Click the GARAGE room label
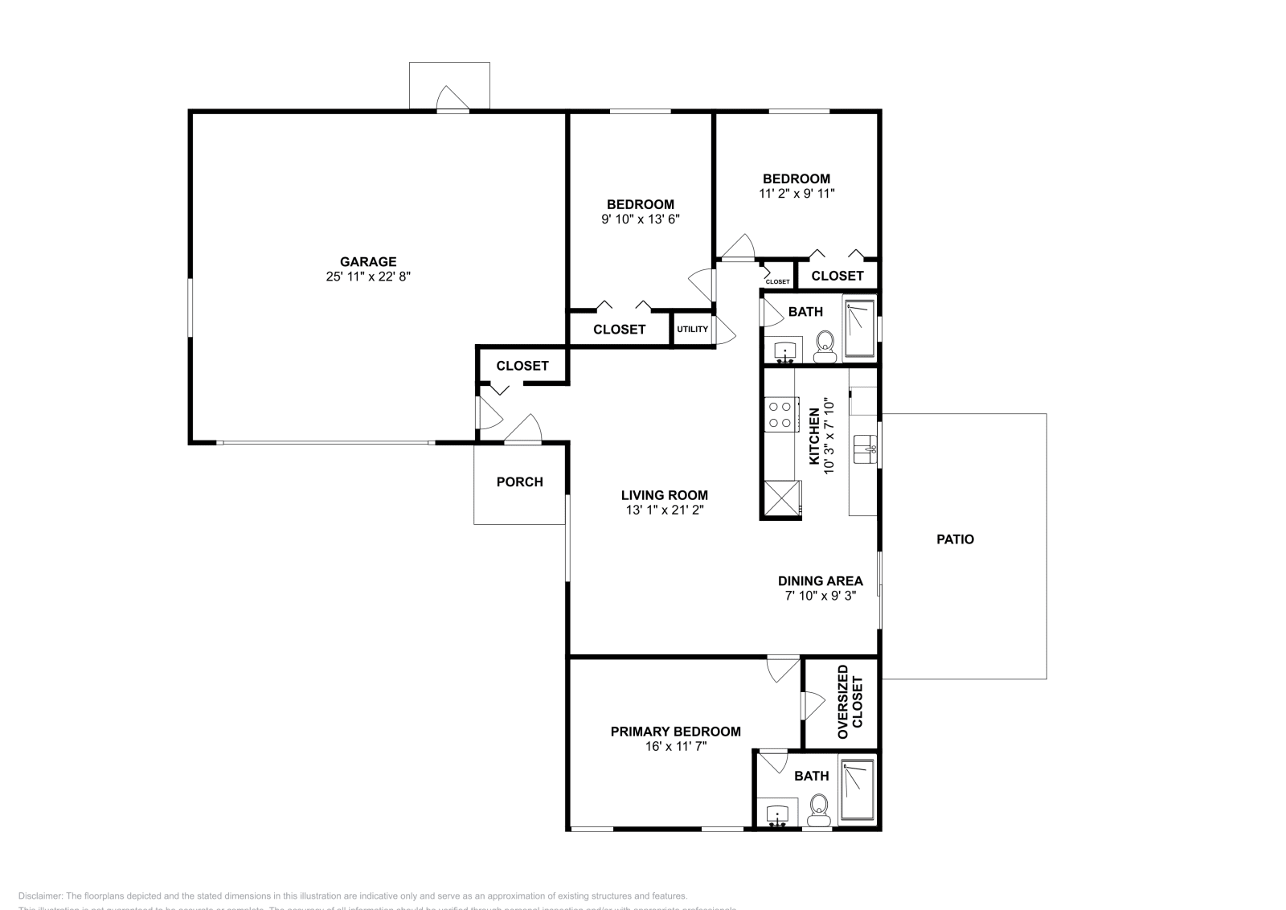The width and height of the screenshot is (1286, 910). point(368,261)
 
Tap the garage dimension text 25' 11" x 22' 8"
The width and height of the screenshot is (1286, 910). point(368,277)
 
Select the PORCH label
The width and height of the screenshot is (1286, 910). point(519,482)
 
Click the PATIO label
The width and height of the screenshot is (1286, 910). point(955,539)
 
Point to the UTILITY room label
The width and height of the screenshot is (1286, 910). point(692,329)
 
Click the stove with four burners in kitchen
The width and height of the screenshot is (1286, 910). point(780,414)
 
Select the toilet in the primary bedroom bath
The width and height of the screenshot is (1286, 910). point(819,809)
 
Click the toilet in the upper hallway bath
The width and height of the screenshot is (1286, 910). point(825,345)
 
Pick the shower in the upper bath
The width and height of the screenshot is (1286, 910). point(859,327)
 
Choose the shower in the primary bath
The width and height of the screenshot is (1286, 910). point(857,790)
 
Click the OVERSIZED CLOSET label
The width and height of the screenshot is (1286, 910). point(850,702)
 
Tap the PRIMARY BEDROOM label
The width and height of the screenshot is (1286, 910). point(675,732)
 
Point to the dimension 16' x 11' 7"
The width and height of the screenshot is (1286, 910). point(675,747)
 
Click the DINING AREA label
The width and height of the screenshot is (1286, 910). point(820,580)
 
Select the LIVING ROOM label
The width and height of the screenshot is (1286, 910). point(664,495)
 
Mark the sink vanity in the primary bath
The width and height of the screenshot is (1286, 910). point(777,814)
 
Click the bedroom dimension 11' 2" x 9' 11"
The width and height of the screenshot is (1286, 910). point(796,193)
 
